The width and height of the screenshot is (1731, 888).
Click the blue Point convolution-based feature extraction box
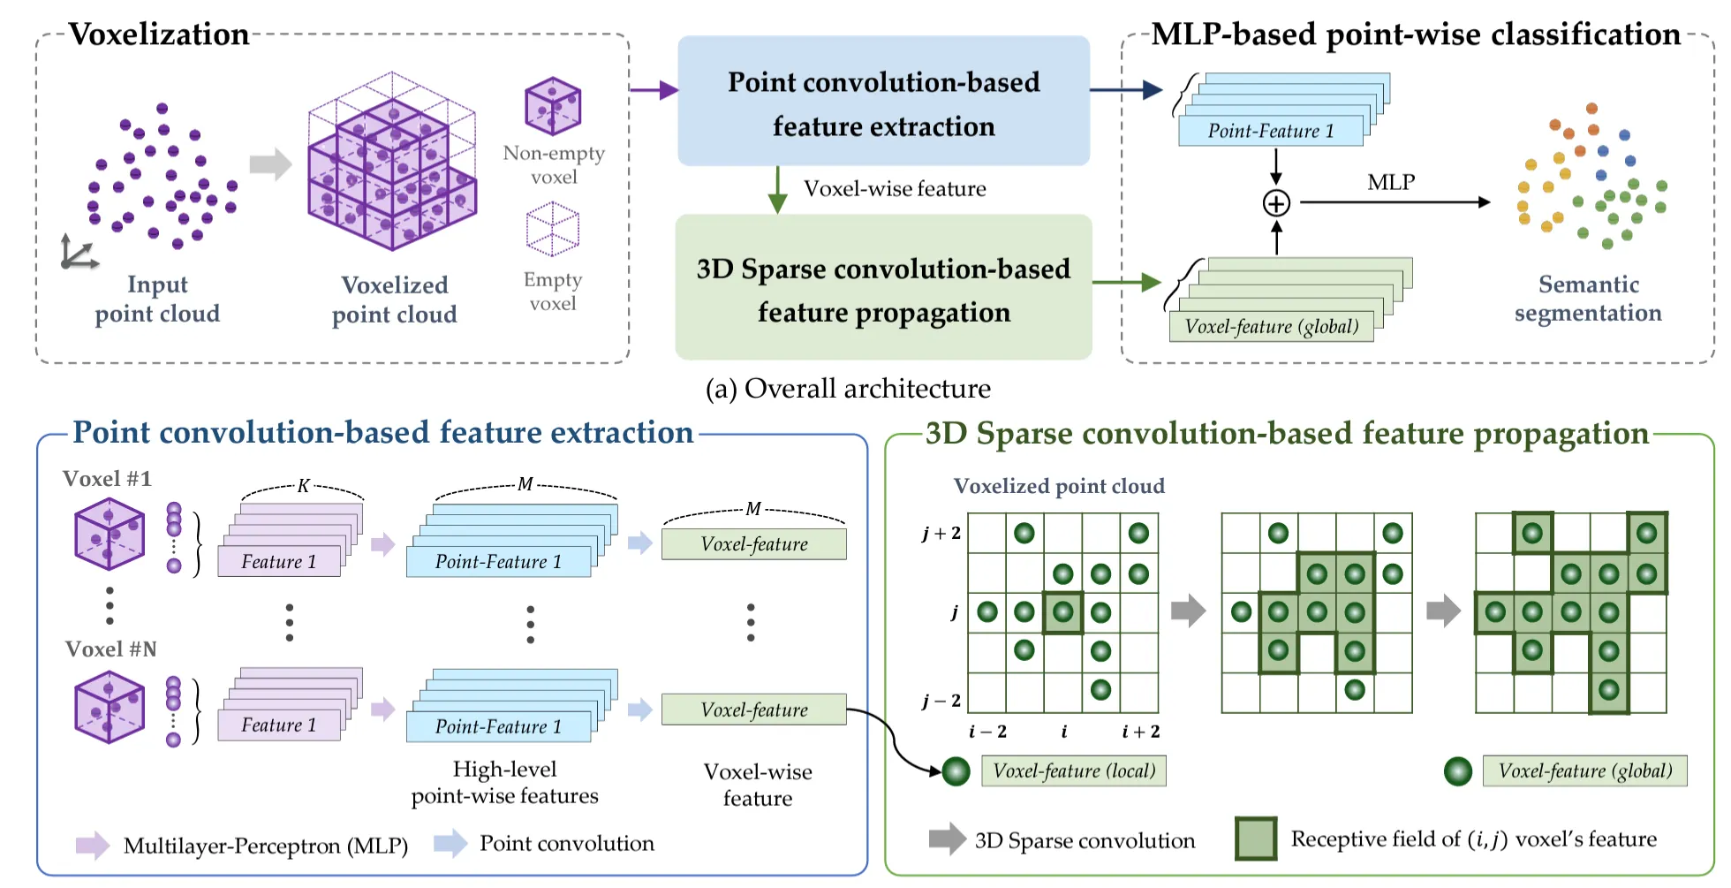tap(883, 101)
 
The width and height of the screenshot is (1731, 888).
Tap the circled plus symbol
tap(1276, 203)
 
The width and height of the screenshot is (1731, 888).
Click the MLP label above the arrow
tap(1391, 182)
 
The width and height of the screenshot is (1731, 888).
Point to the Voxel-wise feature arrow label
tap(895, 189)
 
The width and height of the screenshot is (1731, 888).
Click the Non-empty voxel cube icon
tap(553, 106)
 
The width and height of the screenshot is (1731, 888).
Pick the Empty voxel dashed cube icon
tap(553, 229)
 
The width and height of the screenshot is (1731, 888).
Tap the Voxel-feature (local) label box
tap(1074, 770)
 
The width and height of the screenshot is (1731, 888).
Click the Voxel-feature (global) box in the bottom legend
tap(1584, 770)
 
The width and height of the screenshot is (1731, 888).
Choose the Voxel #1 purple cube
tap(110, 534)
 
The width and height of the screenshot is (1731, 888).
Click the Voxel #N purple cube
tap(110, 707)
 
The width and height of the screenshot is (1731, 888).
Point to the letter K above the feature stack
tap(303, 486)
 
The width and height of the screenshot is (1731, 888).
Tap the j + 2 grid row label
tap(941, 534)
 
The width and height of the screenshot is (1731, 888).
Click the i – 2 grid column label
tap(987, 732)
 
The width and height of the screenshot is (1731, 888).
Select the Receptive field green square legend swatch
tap(1256, 839)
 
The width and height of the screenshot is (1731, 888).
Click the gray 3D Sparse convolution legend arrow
tap(948, 839)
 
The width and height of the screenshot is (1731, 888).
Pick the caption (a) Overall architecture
tap(848, 389)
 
